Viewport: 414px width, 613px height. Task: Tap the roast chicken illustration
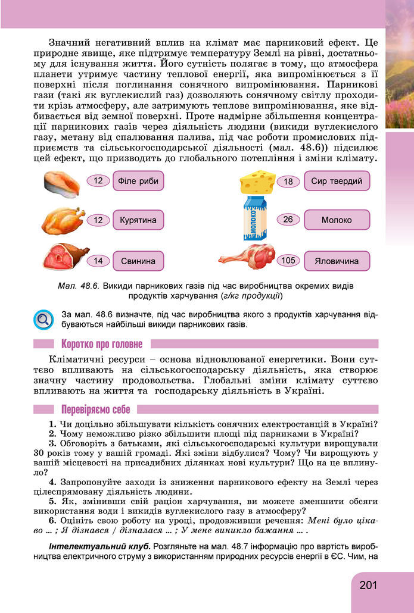point(62,221)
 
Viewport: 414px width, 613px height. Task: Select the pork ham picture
point(65,257)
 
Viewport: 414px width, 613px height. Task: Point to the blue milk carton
point(257,220)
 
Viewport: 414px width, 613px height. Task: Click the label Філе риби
point(138,180)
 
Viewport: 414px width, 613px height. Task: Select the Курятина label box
point(138,220)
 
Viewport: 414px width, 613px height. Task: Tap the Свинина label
point(138,261)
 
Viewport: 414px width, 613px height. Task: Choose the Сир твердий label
point(336,181)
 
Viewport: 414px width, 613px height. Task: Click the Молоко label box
point(336,220)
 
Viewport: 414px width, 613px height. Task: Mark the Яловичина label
point(336,261)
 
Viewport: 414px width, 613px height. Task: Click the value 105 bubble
point(288,261)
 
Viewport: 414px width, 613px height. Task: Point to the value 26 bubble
point(288,220)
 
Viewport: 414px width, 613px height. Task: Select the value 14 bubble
point(98,261)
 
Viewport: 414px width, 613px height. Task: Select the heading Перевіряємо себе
point(95,409)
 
